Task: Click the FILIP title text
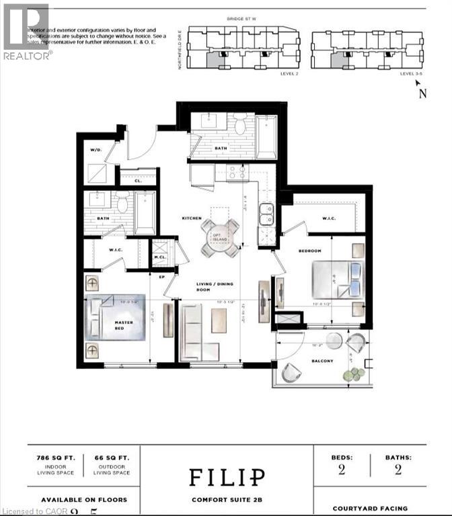[x=226, y=477]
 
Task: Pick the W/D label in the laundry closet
[x=96, y=150]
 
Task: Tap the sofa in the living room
[x=196, y=332]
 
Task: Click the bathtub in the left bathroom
[x=145, y=212]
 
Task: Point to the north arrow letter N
[x=422, y=94]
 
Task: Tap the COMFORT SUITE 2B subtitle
[x=226, y=499]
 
